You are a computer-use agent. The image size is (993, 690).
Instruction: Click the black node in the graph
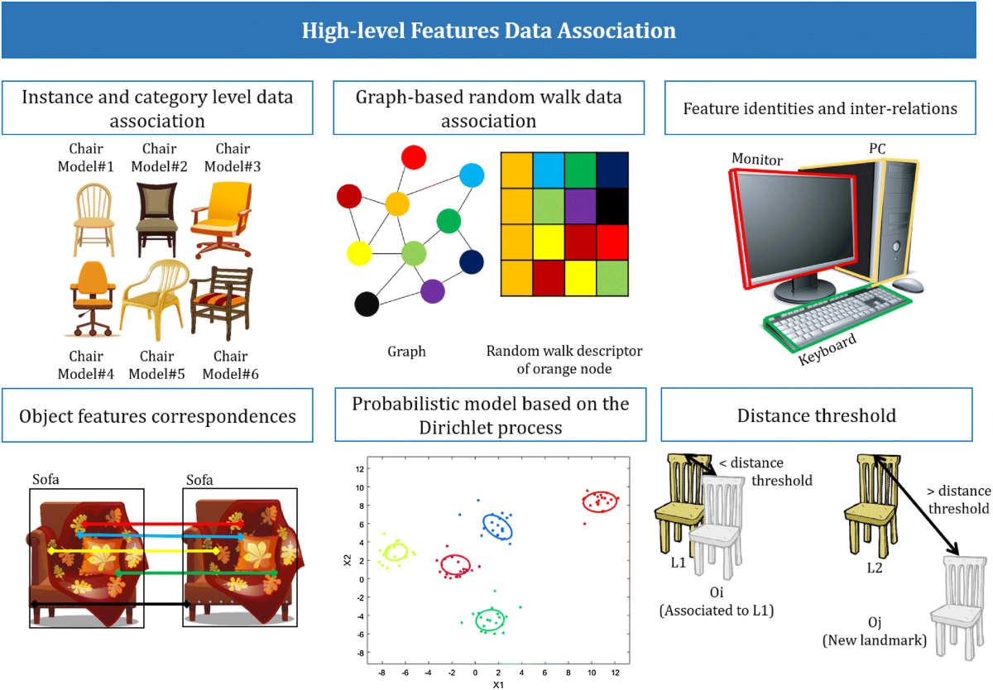point(367,304)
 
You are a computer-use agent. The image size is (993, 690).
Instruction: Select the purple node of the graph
point(432,290)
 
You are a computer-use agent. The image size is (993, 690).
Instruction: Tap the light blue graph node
point(471,175)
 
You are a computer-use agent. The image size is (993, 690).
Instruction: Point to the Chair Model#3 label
point(232,157)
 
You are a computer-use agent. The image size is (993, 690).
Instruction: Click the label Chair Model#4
point(86,365)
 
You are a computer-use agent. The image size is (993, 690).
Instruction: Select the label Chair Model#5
point(157,365)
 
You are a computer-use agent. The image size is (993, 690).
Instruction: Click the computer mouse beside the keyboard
point(908,285)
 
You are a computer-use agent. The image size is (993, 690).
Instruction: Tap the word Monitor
point(757,159)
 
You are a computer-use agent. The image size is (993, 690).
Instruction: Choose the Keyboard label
point(827,350)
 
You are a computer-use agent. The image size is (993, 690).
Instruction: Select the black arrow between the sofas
point(111,605)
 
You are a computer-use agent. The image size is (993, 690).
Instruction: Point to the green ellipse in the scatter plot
point(490,620)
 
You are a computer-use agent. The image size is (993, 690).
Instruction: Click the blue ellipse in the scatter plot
point(497,526)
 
